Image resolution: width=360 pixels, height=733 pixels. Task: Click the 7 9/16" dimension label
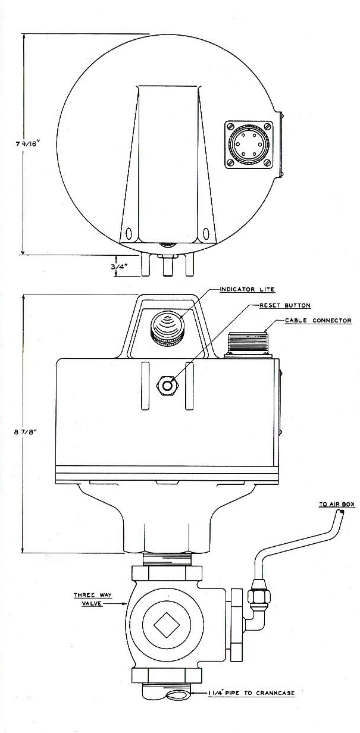point(27,143)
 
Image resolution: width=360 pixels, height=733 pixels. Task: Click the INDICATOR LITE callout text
point(247,289)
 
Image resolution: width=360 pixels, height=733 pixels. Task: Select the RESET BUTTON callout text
point(284,305)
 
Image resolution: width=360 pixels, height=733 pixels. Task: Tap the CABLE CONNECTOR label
point(318,320)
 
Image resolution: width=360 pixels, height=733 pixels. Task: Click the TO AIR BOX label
point(337,505)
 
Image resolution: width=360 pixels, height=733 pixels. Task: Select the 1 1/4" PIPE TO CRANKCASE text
point(251,693)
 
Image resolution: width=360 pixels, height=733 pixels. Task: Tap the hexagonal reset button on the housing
point(168,386)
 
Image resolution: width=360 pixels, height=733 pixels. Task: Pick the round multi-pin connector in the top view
point(249,145)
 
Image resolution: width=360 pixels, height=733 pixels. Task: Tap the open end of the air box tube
point(342,512)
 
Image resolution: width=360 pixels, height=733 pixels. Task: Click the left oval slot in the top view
point(129,234)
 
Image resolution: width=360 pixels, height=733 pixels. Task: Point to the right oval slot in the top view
point(205,234)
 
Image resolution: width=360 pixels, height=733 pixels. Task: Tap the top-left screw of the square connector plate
point(230,126)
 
